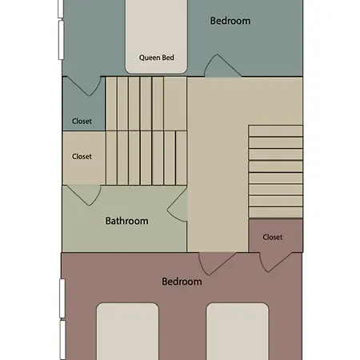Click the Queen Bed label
(157, 58)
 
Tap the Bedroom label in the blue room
(230, 21)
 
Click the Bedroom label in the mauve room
(182, 282)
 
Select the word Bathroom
(126, 221)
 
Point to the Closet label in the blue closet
(82, 121)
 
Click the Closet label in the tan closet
(82, 156)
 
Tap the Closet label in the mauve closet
(273, 237)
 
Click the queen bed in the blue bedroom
(156, 37)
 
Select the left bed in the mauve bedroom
(128, 331)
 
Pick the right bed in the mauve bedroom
(238, 331)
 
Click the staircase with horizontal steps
(276, 171)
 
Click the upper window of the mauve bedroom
(62, 298)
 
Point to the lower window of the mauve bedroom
(62, 340)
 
